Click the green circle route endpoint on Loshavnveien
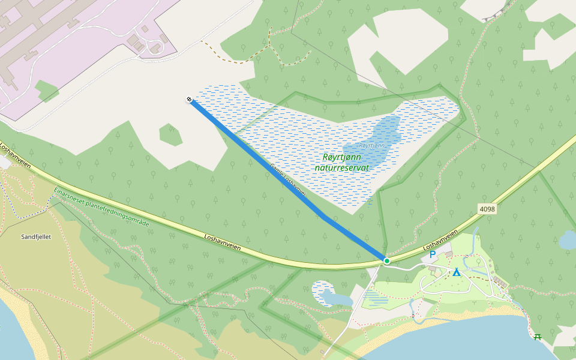point(387,261)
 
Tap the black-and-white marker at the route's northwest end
point(190,100)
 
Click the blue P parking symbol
point(432,255)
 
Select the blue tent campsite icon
point(457,272)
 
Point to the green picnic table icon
point(538,337)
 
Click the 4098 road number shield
point(487,208)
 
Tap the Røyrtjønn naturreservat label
point(341,163)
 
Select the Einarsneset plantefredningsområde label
point(101,206)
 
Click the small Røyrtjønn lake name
point(372,146)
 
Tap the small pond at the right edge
point(568,241)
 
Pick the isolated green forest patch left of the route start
point(170,134)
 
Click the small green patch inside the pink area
point(47,91)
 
